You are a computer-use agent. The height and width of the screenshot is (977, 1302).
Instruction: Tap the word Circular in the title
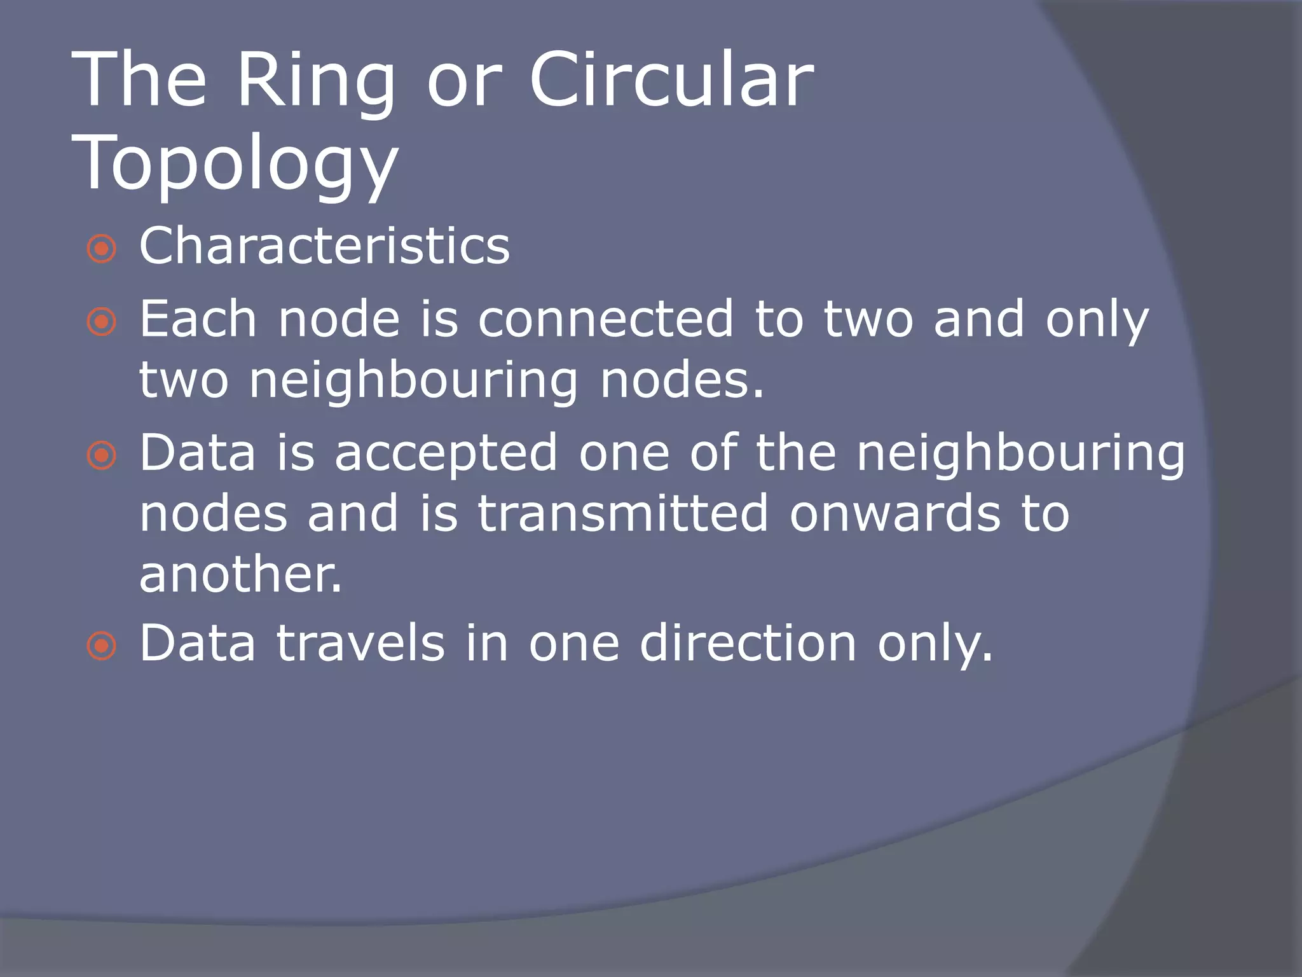[671, 81]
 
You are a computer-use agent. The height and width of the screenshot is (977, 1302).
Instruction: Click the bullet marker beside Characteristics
[102, 249]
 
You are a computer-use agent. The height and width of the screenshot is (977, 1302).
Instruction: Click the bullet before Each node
[102, 322]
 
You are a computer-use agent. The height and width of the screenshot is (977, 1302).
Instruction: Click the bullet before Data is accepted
[102, 455]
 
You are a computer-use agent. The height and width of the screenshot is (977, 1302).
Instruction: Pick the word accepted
[446, 454]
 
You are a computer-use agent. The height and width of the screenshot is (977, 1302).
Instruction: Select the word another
[240, 574]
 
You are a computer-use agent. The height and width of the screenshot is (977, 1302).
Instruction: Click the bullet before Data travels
[102, 647]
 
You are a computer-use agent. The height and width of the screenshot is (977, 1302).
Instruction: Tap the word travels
[360, 643]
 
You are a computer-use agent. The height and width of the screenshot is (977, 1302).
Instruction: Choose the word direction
[748, 643]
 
